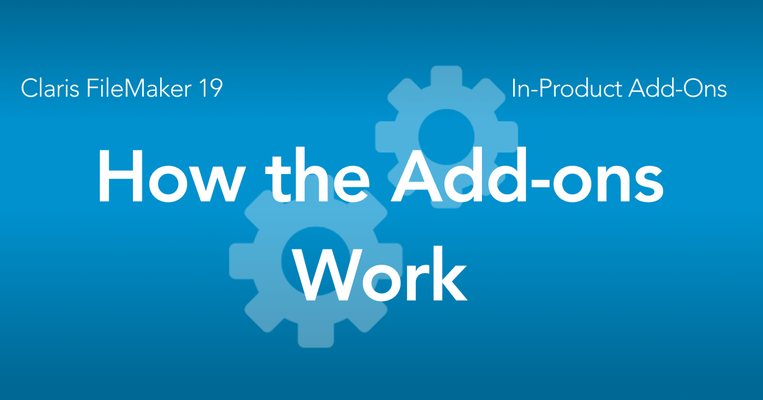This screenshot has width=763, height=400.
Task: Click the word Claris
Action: pos(50,88)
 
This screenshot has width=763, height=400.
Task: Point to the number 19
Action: pos(211,88)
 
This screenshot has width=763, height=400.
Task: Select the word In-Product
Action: pos(567,89)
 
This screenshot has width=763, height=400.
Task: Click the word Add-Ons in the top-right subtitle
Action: pos(678,88)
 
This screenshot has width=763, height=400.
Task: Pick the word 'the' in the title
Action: pos(317,177)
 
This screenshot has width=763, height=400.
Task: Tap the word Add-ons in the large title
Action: pos(527,175)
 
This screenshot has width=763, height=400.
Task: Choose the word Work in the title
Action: pos(379,274)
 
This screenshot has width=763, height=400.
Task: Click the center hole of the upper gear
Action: pos(446,137)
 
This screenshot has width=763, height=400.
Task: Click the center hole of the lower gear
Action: pos(315,260)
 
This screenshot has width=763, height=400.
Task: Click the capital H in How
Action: pos(121,177)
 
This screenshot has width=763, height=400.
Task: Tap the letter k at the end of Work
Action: pos(450,274)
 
